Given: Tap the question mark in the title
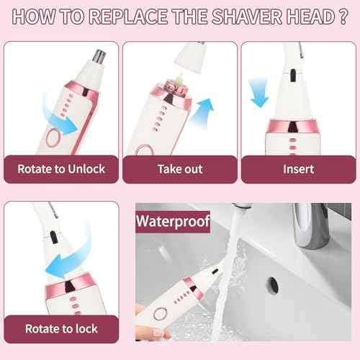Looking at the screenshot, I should tap(338, 17).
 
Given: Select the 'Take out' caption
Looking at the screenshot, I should tap(179, 169).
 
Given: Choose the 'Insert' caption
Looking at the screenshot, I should tap(298, 169).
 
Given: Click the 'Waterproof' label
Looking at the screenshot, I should tap(173, 221).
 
